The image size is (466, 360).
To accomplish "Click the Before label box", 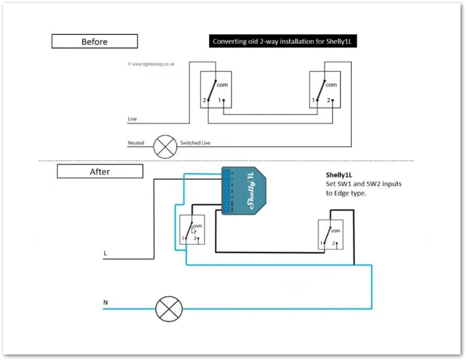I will tap(95, 41).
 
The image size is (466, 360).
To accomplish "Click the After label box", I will tap(100, 171).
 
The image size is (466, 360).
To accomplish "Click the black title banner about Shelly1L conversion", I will tap(284, 41).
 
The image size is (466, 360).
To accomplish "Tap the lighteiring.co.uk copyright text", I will tap(151, 63).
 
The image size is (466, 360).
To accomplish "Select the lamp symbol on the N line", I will tap(169, 309).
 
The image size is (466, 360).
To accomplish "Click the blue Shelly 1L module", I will tap(243, 190).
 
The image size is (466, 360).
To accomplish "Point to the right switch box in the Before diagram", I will tap(324, 90).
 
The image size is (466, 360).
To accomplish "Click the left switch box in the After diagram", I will tap(192, 231).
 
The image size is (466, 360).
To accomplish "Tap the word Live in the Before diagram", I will tap(132, 119).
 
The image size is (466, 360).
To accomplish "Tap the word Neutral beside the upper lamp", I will tap(136, 143).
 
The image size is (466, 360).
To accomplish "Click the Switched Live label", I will tap(195, 143).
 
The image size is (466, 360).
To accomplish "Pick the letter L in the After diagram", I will tap(106, 253).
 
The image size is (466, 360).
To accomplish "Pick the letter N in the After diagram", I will tap(106, 302).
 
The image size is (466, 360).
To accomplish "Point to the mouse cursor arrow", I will tap(194, 231).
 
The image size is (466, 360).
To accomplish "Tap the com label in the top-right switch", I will tap(332, 85).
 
